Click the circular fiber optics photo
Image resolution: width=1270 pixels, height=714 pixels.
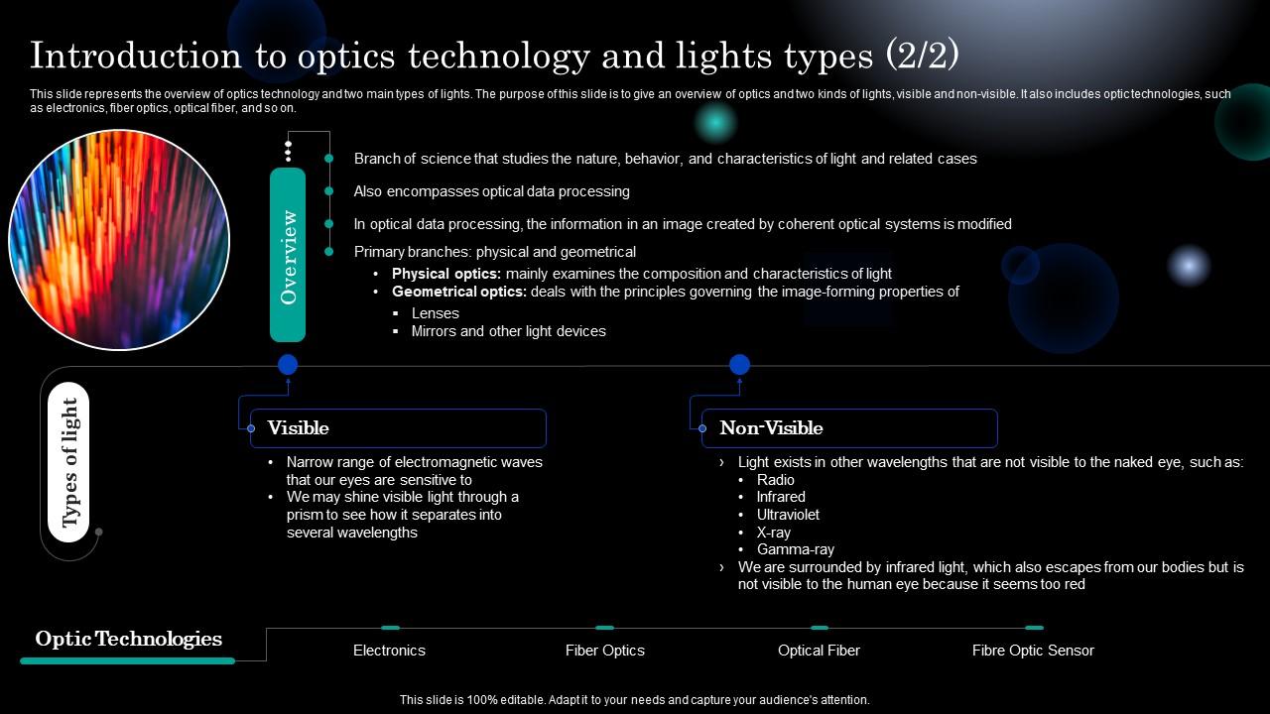[119, 239]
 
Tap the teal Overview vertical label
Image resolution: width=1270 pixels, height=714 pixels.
[288, 256]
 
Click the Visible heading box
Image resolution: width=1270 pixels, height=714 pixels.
[397, 428]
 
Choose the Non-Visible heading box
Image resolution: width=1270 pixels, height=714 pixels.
[848, 428]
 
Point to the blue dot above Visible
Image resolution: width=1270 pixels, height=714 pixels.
[288, 365]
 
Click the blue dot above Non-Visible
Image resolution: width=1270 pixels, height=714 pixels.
[739, 365]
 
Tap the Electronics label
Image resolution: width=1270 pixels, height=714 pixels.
[389, 651]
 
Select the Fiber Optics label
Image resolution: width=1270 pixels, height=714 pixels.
[604, 651]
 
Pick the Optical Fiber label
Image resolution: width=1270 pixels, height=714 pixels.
[819, 651]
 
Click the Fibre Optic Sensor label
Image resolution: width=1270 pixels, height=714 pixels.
[1033, 651]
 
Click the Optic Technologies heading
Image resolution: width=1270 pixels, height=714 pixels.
[128, 639]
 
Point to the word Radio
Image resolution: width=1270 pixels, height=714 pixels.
[775, 480]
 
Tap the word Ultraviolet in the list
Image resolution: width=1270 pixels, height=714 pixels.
[788, 515]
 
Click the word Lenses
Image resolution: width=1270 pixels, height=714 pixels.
[435, 313]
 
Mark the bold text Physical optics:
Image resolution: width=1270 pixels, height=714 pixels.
[446, 274]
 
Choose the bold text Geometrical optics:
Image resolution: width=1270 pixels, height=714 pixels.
[459, 292]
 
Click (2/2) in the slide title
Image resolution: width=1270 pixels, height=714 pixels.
[922, 56]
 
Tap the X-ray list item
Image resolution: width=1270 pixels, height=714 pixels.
[773, 533]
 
